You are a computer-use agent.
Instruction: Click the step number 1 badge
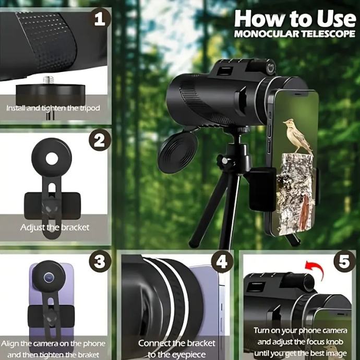point(100,19)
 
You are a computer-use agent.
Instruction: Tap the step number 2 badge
point(100,140)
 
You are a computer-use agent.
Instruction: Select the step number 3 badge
point(100,261)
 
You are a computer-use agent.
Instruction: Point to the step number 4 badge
point(222,261)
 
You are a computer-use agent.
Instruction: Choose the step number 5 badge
point(344,261)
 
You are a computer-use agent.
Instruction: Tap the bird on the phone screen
point(298,136)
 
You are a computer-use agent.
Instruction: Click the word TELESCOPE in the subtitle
point(328,34)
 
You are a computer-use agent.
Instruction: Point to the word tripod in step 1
point(90,108)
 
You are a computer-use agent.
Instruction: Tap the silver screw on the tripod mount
point(49,80)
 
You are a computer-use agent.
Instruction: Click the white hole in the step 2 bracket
point(52,159)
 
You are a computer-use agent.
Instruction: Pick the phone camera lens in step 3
point(49,278)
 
